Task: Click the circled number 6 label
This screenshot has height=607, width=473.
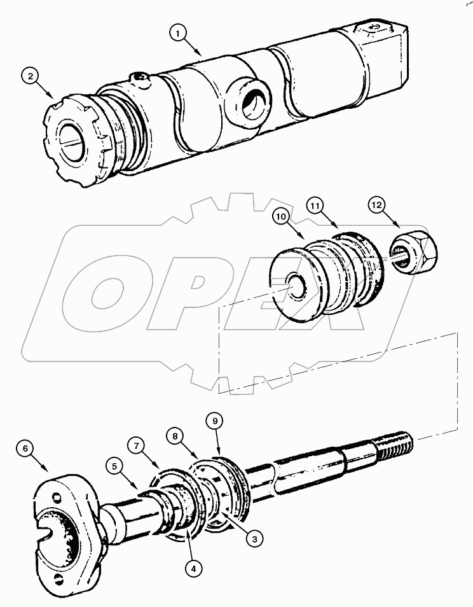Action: tap(25, 449)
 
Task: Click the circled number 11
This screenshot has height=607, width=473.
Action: tap(316, 206)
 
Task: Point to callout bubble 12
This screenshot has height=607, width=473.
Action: tap(376, 207)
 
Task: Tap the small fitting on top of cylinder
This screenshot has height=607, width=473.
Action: tap(139, 80)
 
